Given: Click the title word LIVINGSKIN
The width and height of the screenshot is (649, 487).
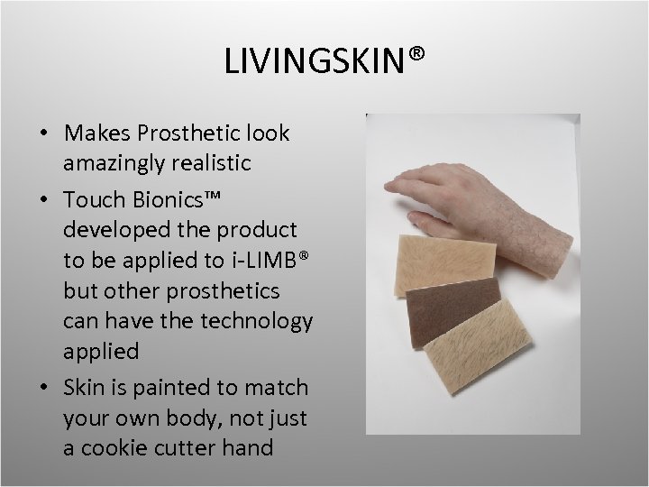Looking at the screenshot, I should (x=316, y=61).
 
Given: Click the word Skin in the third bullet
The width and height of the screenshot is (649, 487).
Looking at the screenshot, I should (x=85, y=388).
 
